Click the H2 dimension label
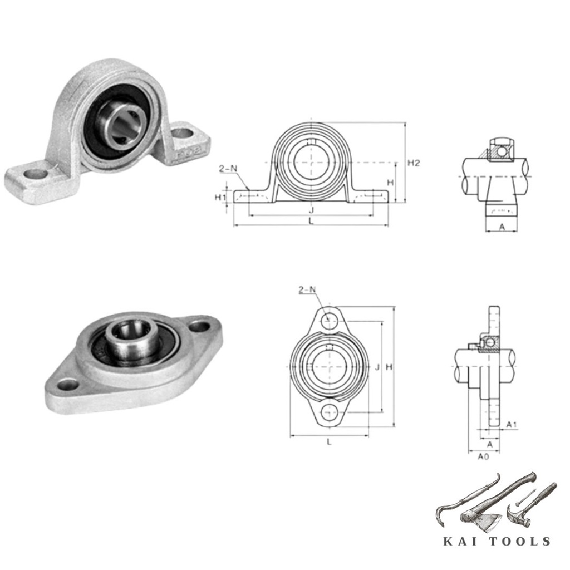(x=414, y=163)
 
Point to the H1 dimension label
(x=220, y=198)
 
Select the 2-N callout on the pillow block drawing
(x=228, y=169)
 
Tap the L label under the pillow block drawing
(x=311, y=220)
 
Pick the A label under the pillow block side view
(x=502, y=227)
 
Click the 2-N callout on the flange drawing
(x=307, y=289)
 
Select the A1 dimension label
(x=512, y=425)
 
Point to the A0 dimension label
(x=483, y=456)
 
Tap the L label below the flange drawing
(x=330, y=442)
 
